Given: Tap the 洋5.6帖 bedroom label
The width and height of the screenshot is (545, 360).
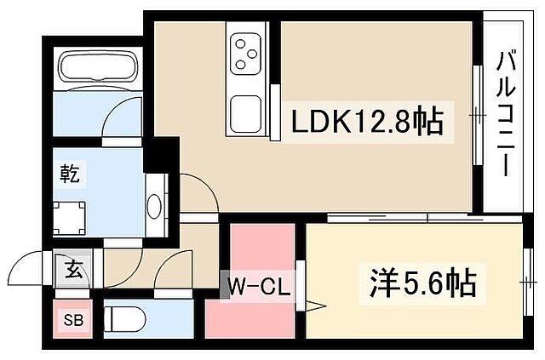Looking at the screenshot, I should (x=423, y=282).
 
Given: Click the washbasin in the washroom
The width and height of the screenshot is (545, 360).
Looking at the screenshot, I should (x=154, y=207).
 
